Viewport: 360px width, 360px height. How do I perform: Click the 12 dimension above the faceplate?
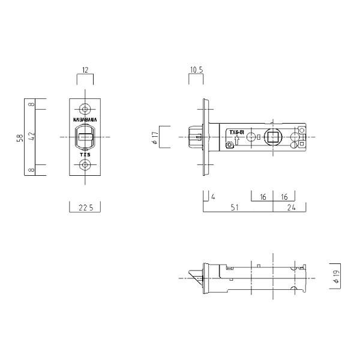coord(85,71)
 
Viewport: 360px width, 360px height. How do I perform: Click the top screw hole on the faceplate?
coord(85,110)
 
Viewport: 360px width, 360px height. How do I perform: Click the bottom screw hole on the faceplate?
coord(85,164)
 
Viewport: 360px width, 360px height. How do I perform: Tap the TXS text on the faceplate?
coord(85,155)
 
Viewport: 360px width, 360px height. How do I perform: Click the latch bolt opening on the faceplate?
coord(85,137)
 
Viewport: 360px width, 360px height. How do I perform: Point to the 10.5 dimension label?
coord(196,71)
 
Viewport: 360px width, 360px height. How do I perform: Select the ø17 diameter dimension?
coord(155,137)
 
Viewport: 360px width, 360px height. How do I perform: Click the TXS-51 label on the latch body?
coord(235,132)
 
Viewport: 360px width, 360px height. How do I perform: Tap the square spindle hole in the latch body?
coord(273,137)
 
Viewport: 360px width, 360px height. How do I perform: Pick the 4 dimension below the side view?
coord(213,196)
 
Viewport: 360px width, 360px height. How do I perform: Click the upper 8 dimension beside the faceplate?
coord(32,104)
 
